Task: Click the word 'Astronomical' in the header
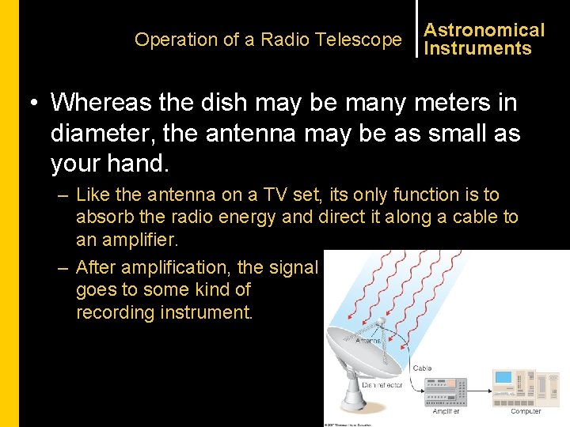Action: [x=484, y=30]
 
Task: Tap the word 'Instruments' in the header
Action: [x=477, y=48]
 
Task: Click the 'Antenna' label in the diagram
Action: [x=367, y=340]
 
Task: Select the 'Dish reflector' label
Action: [x=382, y=385]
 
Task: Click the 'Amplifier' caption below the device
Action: [x=446, y=411]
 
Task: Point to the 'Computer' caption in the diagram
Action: [x=526, y=411]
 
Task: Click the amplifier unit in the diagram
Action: [x=446, y=391]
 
